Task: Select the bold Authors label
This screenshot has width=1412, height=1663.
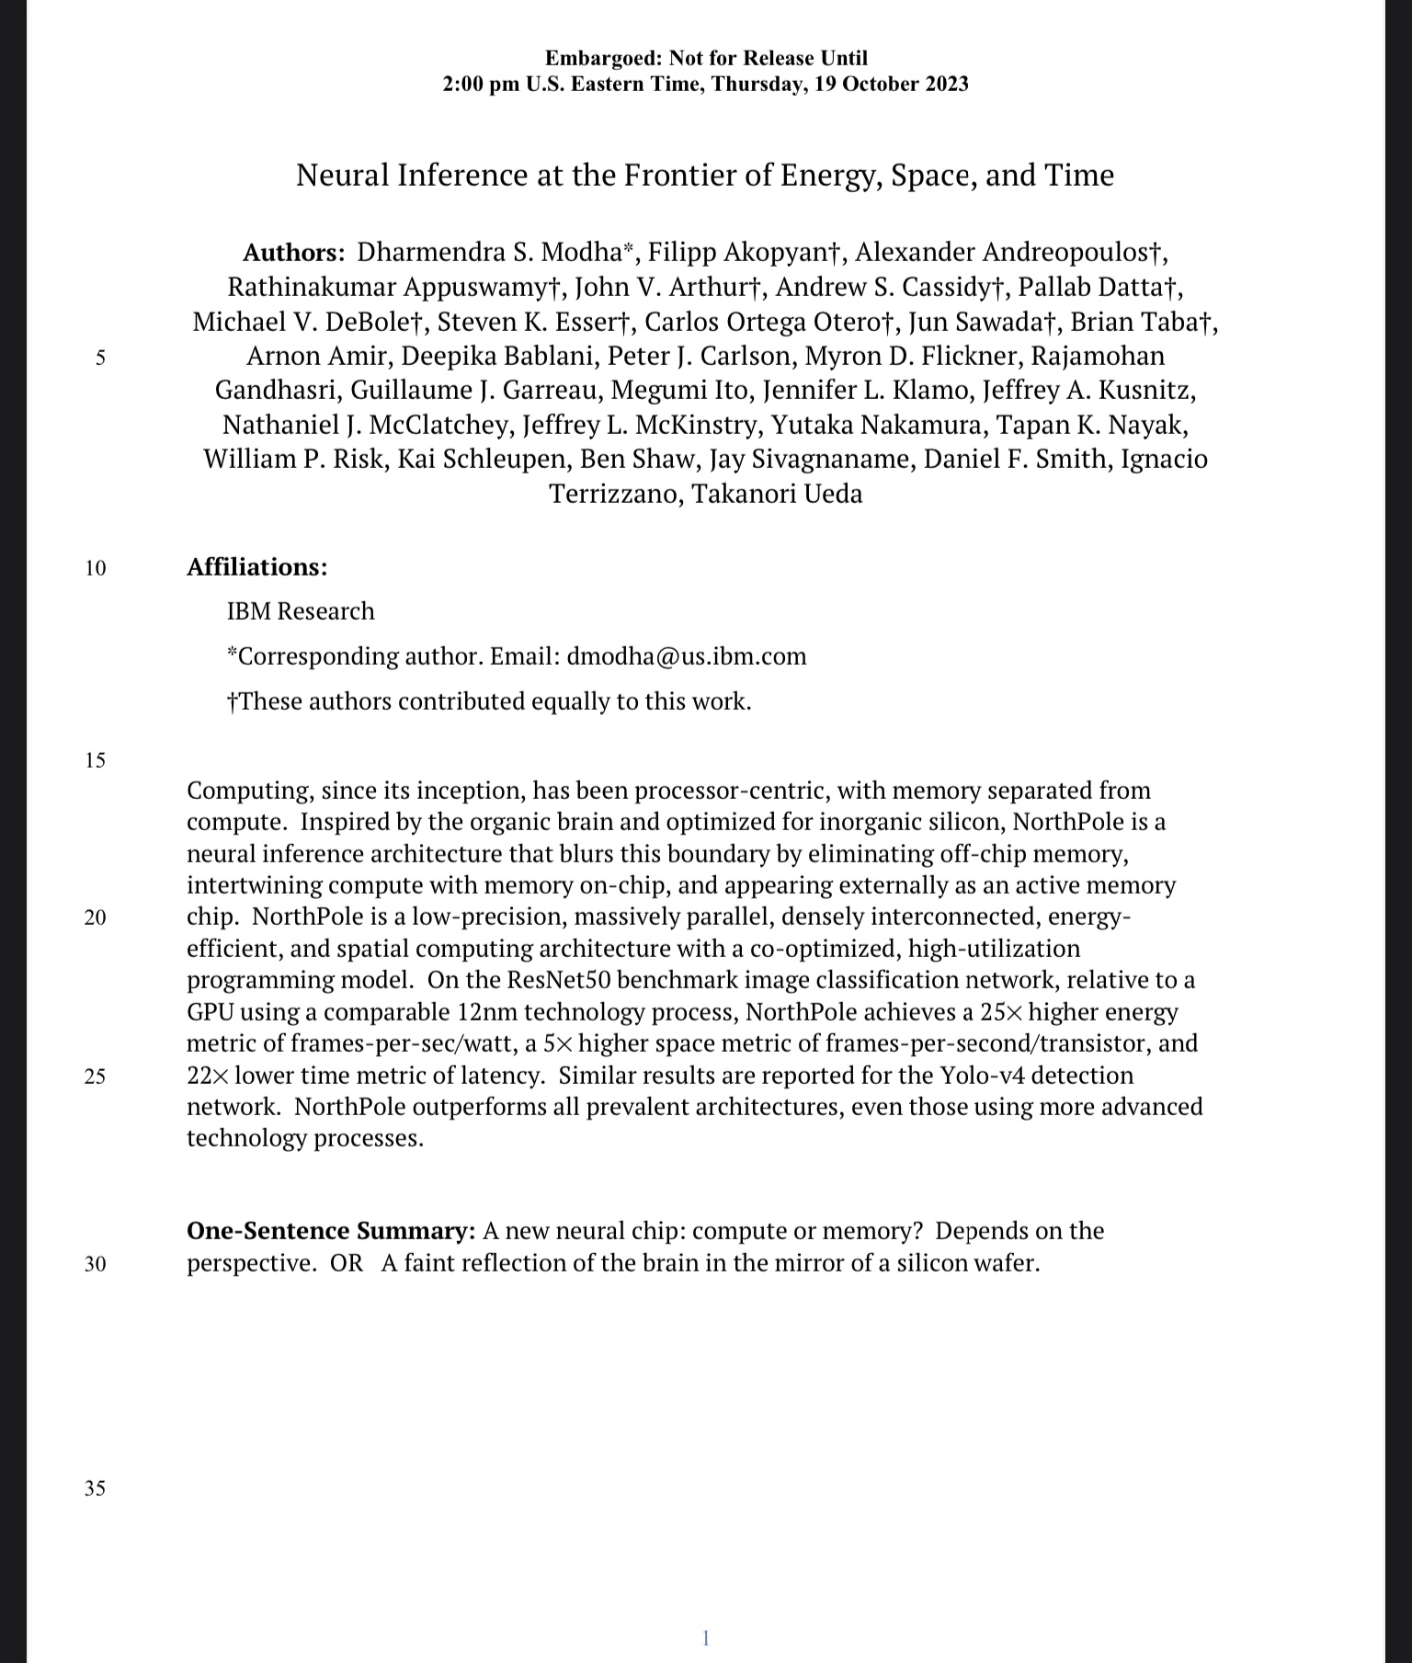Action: point(293,253)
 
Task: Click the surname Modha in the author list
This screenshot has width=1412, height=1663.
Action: point(581,253)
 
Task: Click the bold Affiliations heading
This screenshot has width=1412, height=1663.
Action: point(256,567)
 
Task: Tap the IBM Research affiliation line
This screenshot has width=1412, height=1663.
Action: point(301,611)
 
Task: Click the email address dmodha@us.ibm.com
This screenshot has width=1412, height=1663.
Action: point(687,656)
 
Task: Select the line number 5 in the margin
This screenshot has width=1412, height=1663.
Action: point(100,358)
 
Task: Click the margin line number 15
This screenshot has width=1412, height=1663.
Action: point(95,760)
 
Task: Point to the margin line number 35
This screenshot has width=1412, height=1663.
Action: point(95,1488)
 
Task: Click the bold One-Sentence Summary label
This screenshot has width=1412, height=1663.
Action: point(331,1231)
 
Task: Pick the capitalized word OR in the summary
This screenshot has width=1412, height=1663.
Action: point(347,1263)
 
